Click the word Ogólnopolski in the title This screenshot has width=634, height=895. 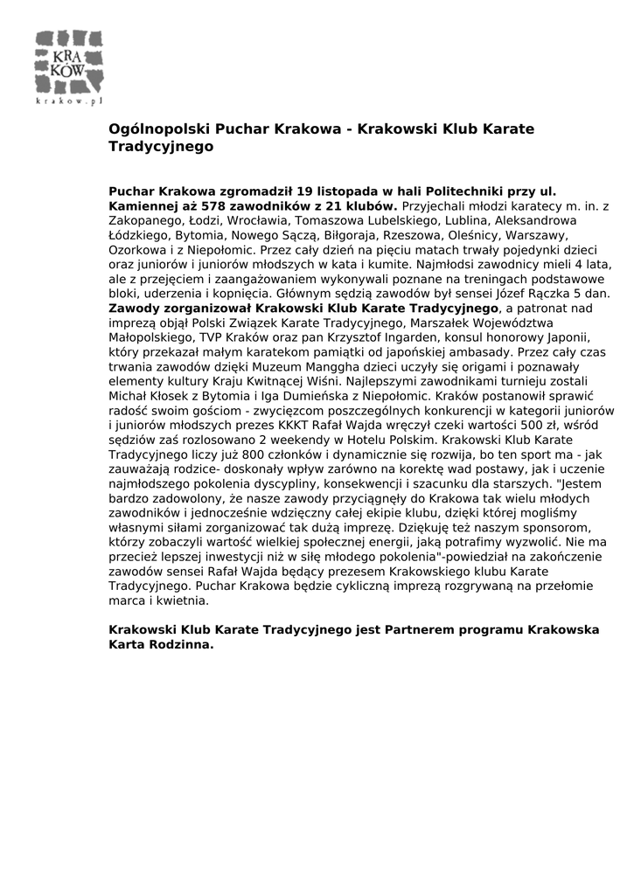pos(152,128)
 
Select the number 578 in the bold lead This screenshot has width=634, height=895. pos(215,205)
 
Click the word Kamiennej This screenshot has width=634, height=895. pos(142,205)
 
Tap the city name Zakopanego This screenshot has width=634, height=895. pos(142,221)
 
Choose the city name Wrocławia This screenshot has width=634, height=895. pos(268,221)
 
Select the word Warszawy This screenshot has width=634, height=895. pos(533,237)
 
